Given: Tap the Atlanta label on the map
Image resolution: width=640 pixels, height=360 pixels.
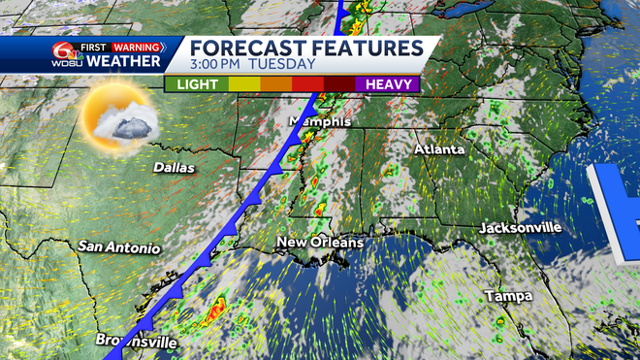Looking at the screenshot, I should [x=439, y=149].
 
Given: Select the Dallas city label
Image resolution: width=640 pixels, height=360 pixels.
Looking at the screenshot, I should [x=174, y=167].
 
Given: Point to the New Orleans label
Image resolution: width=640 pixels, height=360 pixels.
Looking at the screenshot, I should [x=320, y=242].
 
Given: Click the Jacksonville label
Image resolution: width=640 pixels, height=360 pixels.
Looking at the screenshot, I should [x=520, y=227].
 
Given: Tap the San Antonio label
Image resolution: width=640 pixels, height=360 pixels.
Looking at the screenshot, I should [x=119, y=247].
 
